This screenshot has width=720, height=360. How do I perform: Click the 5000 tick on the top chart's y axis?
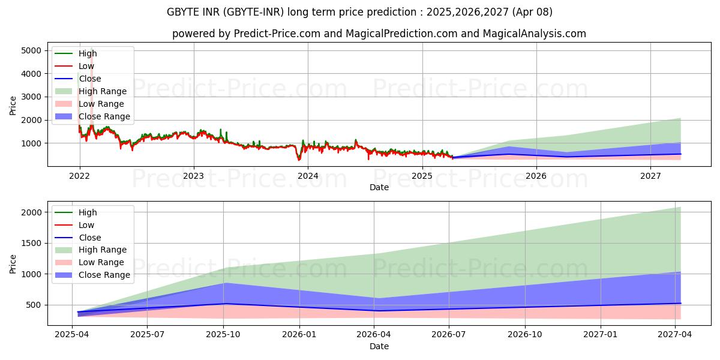[31, 51]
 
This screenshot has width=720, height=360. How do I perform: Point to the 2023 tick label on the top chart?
[193, 176]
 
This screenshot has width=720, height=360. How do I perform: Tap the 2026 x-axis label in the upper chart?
[536, 176]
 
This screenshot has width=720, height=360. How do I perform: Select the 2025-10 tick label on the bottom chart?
[223, 335]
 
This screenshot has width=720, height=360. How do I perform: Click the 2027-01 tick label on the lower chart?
[601, 335]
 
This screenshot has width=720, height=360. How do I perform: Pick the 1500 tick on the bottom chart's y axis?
[31, 244]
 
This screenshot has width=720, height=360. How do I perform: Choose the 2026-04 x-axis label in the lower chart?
[374, 335]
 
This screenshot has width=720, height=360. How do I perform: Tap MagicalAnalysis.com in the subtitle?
[534, 34]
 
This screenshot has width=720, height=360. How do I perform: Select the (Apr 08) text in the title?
[532, 12]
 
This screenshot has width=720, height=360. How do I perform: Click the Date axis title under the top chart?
[379, 187]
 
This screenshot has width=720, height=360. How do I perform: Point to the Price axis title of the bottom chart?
[13, 264]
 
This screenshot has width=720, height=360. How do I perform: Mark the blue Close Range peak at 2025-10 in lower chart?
[224, 283]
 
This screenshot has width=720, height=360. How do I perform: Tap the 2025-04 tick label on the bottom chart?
[71, 335]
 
